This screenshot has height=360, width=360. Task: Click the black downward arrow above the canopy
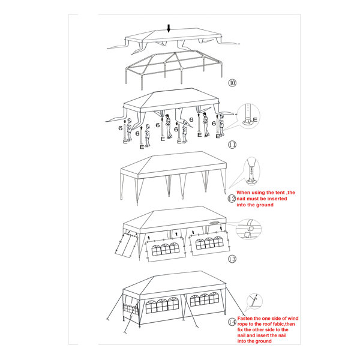click(169, 28)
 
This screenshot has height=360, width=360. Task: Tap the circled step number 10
click(232, 83)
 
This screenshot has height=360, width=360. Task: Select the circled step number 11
click(232, 145)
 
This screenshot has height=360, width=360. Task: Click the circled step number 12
click(232, 199)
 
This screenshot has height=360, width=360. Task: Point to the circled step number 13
click(232, 259)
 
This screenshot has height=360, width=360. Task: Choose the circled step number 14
click(232, 322)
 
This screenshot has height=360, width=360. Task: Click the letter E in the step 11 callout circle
click(255, 119)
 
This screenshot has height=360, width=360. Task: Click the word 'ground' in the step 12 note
click(265, 205)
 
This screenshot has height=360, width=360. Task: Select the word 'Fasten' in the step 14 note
click(245, 319)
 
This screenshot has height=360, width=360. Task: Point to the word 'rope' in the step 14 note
click(242, 324)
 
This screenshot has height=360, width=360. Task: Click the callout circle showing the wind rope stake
click(254, 301)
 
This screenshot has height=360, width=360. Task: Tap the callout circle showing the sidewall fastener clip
click(248, 229)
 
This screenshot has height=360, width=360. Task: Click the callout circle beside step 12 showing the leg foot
click(251, 171)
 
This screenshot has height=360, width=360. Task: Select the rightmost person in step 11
click(221, 125)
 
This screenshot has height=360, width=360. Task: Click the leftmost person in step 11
click(129, 130)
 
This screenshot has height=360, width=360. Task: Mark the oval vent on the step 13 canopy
click(214, 223)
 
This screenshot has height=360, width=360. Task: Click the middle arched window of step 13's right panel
click(209, 243)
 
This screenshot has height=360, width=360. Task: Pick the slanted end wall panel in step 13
click(126, 245)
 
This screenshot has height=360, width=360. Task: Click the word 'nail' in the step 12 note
click(241, 199)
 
